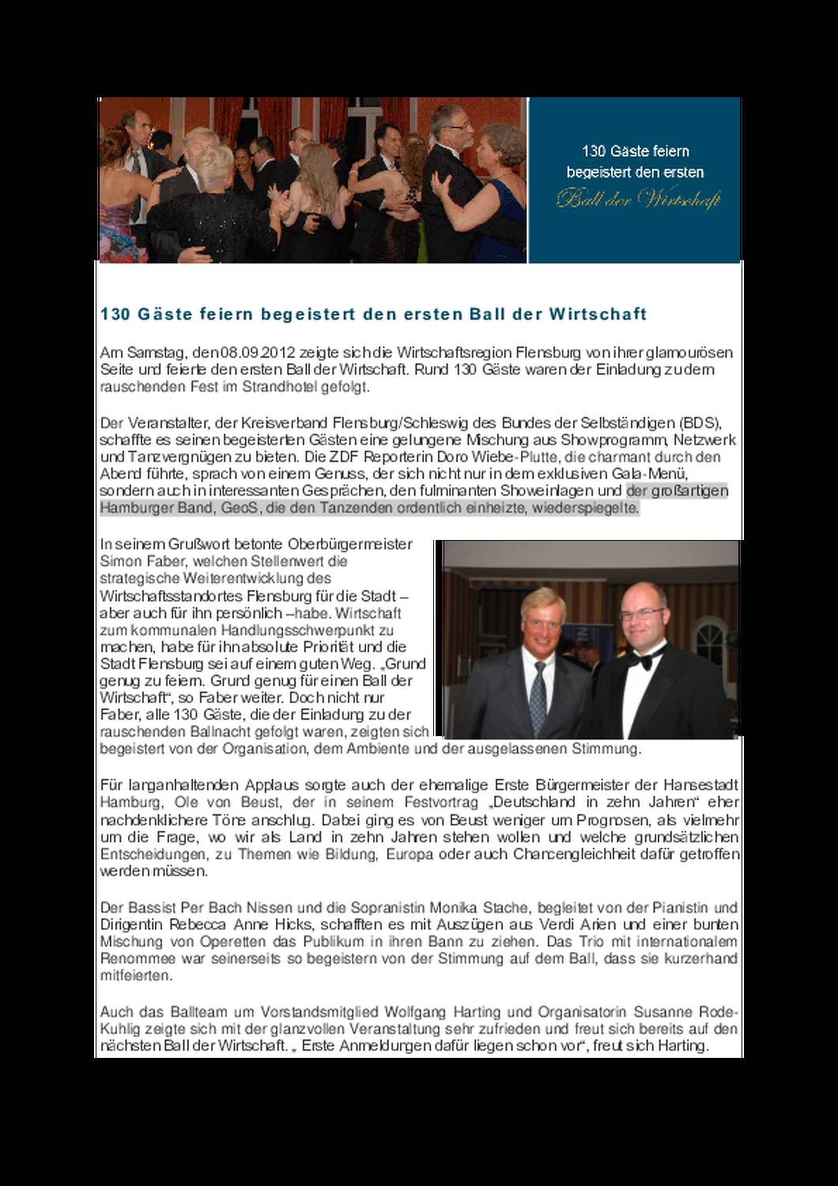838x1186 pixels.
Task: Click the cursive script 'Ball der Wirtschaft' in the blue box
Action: (x=639, y=199)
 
